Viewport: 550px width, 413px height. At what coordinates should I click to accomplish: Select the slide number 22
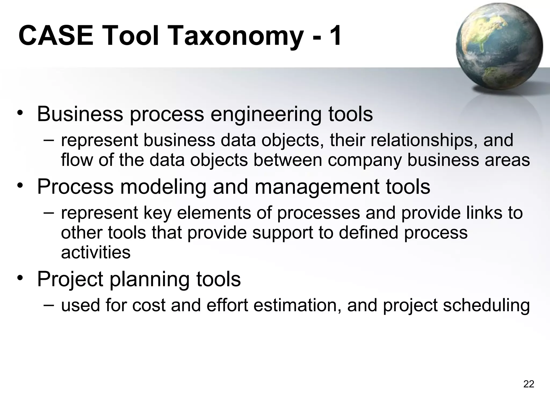[529, 384]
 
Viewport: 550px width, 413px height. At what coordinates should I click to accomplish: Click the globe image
[499, 47]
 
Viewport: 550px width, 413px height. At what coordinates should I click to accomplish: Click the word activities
[96, 252]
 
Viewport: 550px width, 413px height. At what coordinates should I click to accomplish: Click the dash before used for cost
[48, 305]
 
